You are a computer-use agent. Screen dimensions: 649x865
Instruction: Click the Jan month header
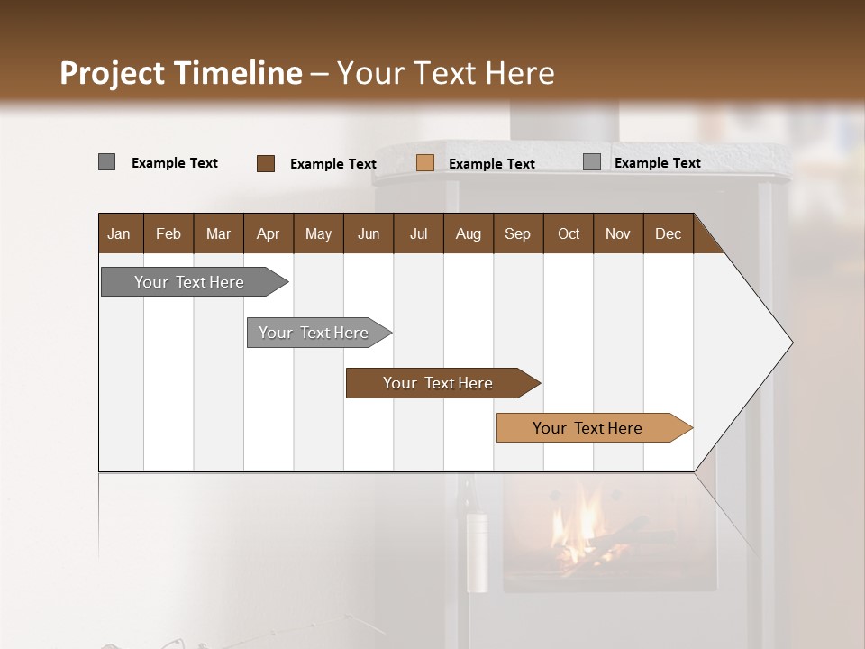119,233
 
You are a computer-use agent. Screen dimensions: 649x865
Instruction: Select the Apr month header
268,233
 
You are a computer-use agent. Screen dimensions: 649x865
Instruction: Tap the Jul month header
418,233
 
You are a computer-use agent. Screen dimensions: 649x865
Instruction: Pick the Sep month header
517,233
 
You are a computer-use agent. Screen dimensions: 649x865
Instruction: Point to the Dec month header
668,233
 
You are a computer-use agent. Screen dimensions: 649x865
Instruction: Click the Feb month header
168,233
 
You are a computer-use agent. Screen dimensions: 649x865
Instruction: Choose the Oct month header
569,233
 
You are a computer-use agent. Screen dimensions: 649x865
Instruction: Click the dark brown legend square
266,163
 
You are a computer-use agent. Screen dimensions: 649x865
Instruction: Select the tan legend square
425,163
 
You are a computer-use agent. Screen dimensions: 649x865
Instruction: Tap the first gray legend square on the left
106,162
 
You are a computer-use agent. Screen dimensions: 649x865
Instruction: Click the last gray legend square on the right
592,162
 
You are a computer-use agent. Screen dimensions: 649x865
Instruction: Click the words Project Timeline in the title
181,73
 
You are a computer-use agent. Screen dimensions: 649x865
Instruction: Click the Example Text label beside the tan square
492,164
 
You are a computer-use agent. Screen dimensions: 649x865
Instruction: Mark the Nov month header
618,233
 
